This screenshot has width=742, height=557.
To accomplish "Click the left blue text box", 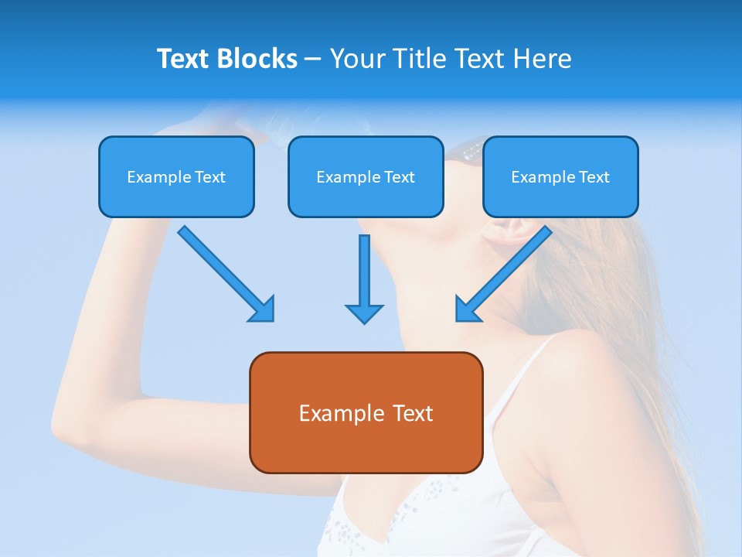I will pos(176,176).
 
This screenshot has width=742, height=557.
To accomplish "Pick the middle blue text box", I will pos(366,176).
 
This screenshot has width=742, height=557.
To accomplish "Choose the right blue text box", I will pos(560,176).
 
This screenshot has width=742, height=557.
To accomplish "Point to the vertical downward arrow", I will pos(364,278).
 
